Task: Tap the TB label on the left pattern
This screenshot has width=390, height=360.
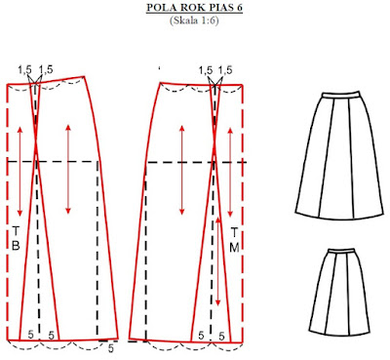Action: [16, 238]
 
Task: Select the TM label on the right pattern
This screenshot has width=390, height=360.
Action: [234, 240]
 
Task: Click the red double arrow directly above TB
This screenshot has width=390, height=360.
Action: [19, 172]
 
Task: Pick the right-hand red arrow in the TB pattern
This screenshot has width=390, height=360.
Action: [68, 169]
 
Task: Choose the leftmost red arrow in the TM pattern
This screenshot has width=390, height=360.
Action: [182, 170]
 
